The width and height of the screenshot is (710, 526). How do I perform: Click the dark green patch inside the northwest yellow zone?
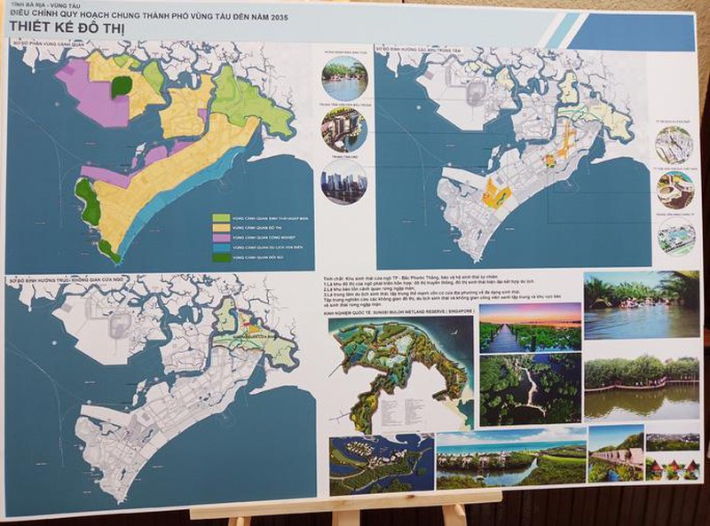pos(122,87)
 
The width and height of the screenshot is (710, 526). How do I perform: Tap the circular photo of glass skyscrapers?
pos(343,183)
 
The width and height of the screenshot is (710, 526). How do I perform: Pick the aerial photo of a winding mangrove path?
pos(530,388)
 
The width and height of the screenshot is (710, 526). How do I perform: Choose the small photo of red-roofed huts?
pos(672,467)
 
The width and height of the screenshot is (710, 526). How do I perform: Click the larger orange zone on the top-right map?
pos(495,196)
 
